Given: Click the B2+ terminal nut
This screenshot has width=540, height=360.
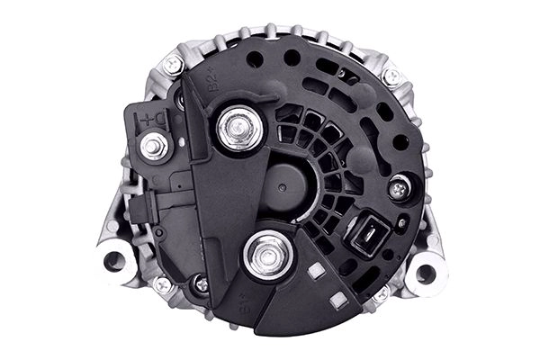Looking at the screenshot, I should coord(239,130).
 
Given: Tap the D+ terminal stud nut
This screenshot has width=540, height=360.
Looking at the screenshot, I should coord(155,144).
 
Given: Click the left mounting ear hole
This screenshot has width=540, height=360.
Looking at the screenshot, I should coord(114,261).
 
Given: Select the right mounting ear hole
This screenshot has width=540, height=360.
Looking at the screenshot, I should coord(425,272).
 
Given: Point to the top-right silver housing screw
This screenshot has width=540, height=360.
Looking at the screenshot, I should coord(391,76).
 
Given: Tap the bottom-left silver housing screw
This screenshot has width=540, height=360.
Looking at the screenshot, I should coord(163,285).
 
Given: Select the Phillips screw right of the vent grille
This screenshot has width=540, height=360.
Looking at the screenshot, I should coord(399,187).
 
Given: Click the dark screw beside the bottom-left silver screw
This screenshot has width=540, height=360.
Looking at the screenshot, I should coord(201,284).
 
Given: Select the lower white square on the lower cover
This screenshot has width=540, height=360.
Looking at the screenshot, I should coord(337,301).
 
